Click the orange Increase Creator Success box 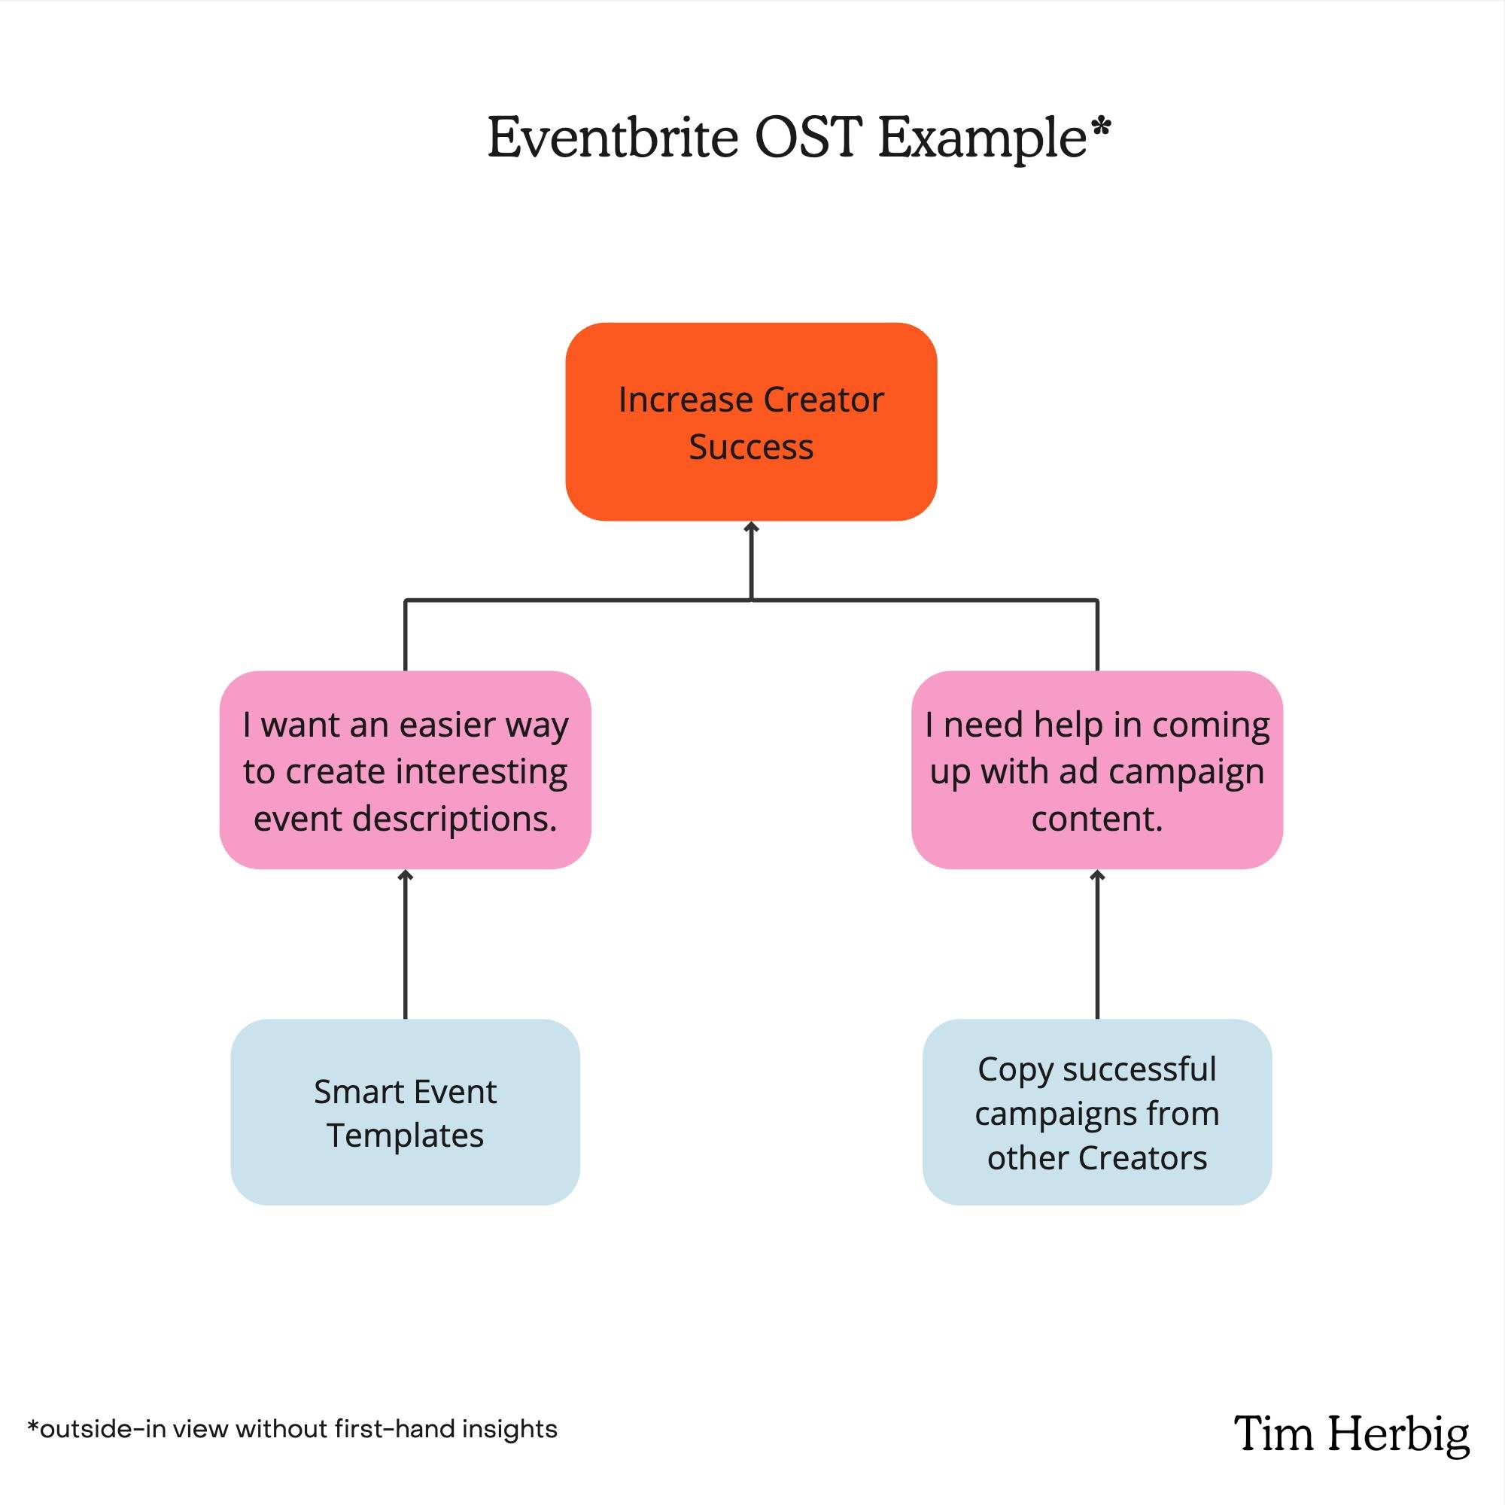[x=751, y=421]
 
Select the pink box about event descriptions [x=405, y=770]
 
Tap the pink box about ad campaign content [x=1097, y=770]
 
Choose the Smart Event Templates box [x=405, y=1111]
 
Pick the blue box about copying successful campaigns [x=1097, y=1111]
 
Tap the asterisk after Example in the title [x=1101, y=127]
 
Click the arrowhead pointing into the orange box [x=751, y=528]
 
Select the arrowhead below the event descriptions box [x=405, y=876]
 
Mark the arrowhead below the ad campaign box [x=1097, y=876]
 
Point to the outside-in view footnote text [x=292, y=1429]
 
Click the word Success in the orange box [x=751, y=447]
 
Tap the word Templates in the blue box [x=405, y=1136]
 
